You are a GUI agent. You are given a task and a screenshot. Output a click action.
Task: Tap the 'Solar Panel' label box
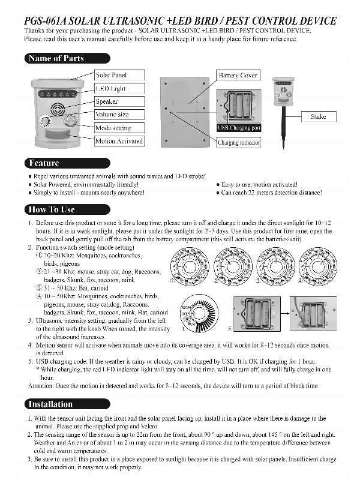[112, 75]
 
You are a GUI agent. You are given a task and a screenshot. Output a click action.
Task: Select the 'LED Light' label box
[111, 89]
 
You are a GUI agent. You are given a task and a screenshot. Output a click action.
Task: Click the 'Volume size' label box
[112, 114]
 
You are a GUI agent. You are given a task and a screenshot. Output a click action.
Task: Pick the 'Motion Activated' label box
[119, 141]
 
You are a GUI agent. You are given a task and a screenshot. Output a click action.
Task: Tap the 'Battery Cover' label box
[238, 76]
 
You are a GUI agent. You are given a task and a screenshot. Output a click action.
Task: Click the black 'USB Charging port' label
[239, 128]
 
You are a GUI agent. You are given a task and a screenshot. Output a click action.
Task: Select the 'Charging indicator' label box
[239, 143]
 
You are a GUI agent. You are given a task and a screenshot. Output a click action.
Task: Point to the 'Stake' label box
[318, 116]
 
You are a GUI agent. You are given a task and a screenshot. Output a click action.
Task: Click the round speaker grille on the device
[58, 109]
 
